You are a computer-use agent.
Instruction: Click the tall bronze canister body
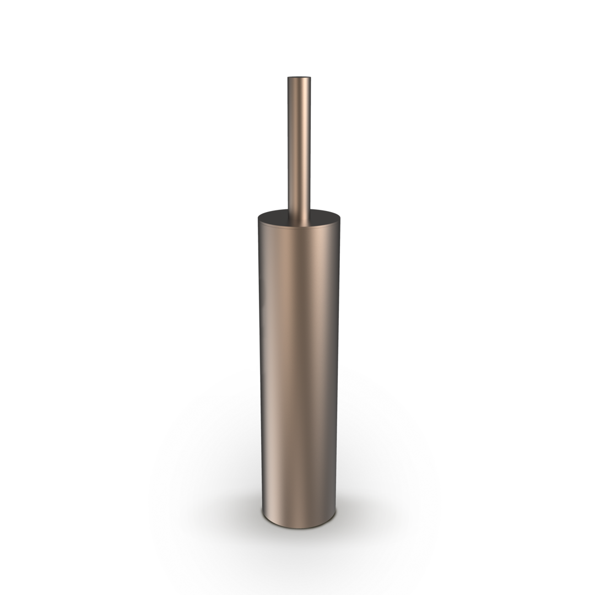(297, 358)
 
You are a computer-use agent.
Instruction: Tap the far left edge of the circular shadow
(153, 485)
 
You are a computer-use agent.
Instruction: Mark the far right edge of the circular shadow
(439, 485)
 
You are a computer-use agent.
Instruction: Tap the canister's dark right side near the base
(331, 496)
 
